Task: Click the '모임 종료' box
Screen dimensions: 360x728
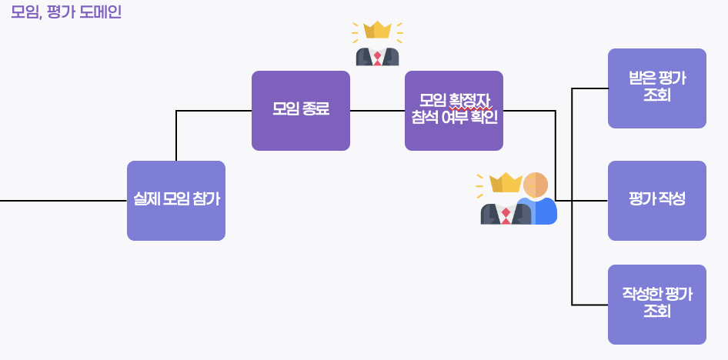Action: [x=300, y=111]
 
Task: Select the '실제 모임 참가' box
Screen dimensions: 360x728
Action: [x=175, y=201]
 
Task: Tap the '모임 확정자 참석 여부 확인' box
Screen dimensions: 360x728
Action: [x=453, y=111]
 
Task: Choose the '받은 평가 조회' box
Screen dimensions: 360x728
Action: [x=656, y=88]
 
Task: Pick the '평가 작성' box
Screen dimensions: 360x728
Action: [x=656, y=201]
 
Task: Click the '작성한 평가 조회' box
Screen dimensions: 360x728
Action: [x=656, y=305]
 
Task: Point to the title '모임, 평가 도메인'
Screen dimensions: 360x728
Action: [x=66, y=12]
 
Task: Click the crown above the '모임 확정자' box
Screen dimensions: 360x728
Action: [x=377, y=30]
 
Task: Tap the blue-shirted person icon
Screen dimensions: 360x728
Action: [x=537, y=199]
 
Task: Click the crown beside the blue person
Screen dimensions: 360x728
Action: [x=505, y=182]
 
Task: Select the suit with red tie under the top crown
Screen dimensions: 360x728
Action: [x=377, y=56]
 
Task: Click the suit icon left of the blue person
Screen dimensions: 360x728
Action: [x=505, y=214]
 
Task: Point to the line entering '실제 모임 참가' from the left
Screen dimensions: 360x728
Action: [x=62, y=201]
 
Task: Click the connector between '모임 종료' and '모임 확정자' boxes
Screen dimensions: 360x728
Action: [x=377, y=111]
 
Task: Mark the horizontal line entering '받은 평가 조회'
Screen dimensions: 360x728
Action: [x=590, y=88]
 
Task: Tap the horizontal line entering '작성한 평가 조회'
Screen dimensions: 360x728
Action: [x=590, y=305]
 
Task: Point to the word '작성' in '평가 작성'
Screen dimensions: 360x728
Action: [x=672, y=199]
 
